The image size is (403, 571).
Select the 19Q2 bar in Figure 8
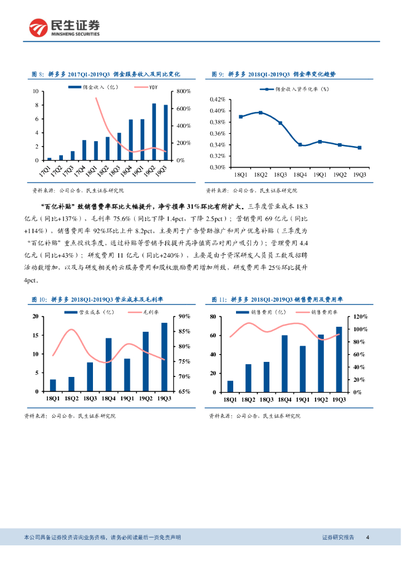coord(154,132)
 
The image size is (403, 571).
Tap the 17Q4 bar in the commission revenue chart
coord(84,150)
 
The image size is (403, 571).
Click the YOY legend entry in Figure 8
coord(154,88)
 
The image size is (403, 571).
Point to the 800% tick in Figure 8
coord(184,91)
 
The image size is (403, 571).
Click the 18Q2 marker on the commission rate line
coord(261,113)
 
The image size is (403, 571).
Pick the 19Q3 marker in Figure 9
coord(359,148)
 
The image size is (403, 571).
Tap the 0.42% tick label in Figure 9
coord(217,99)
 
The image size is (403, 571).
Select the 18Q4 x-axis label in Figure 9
coord(300,175)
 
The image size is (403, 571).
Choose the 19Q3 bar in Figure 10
coord(164,357)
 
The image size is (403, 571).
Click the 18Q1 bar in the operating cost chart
coord(53,385)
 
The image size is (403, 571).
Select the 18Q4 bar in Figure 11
coord(284,363)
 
